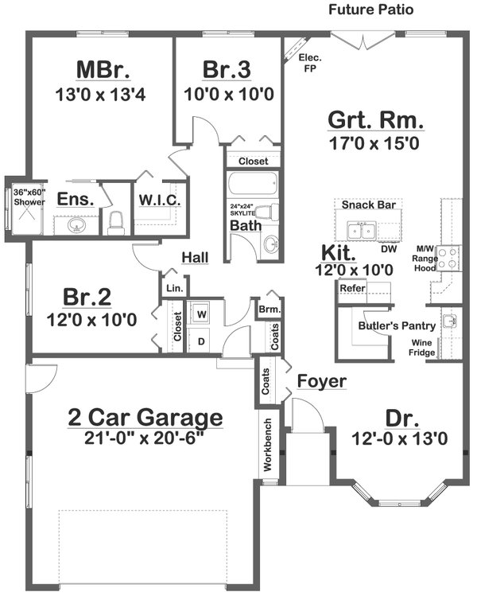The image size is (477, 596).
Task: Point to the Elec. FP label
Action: coord(308,63)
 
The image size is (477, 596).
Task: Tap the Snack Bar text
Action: coord(368,205)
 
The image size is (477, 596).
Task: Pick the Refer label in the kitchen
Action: coord(352,288)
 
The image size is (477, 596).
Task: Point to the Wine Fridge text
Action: coord(421,348)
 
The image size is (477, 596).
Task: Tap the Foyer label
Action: coord(322,382)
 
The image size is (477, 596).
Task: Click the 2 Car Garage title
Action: coord(144,416)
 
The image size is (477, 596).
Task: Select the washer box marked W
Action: coord(201,313)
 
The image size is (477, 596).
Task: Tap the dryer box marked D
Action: coord(201,341)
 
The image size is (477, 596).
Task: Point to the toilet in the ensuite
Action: coord(116,222)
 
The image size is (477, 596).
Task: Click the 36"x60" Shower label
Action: coord(29,197)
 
